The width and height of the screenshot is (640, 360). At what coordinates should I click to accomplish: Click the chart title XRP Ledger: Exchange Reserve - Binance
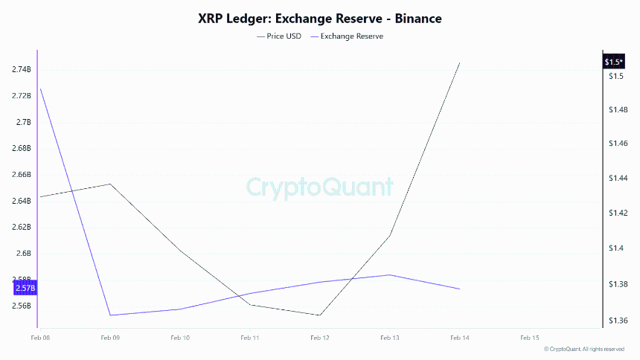[x=319, y=18]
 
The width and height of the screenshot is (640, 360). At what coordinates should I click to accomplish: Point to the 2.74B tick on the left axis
[x=22, y=69]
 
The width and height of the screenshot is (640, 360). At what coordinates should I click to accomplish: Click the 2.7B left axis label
[x=23, y=122]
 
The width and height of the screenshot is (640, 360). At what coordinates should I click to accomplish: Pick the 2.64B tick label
[x=22, y=201]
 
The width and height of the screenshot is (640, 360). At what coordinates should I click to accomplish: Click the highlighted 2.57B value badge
[x=25, y=288]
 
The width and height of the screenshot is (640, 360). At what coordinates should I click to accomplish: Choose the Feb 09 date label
[x=110, y=338]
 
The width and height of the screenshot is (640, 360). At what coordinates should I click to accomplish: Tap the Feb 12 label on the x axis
[x=320, y=338]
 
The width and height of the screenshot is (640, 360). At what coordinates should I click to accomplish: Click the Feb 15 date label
[x=529, y=338]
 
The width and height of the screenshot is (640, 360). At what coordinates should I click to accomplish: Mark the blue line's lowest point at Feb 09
[x=110, y=315]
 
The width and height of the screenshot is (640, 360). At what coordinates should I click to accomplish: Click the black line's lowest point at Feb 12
[x=320, y=315]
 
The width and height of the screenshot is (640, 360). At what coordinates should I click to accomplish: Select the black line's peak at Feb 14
[x=459, y=63]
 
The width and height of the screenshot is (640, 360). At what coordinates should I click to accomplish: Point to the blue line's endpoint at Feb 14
[x=459, y=289]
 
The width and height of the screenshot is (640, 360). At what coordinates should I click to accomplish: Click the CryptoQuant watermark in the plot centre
[x=319, y=186]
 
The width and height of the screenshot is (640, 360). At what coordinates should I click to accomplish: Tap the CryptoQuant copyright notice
[x=584, y=349]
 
